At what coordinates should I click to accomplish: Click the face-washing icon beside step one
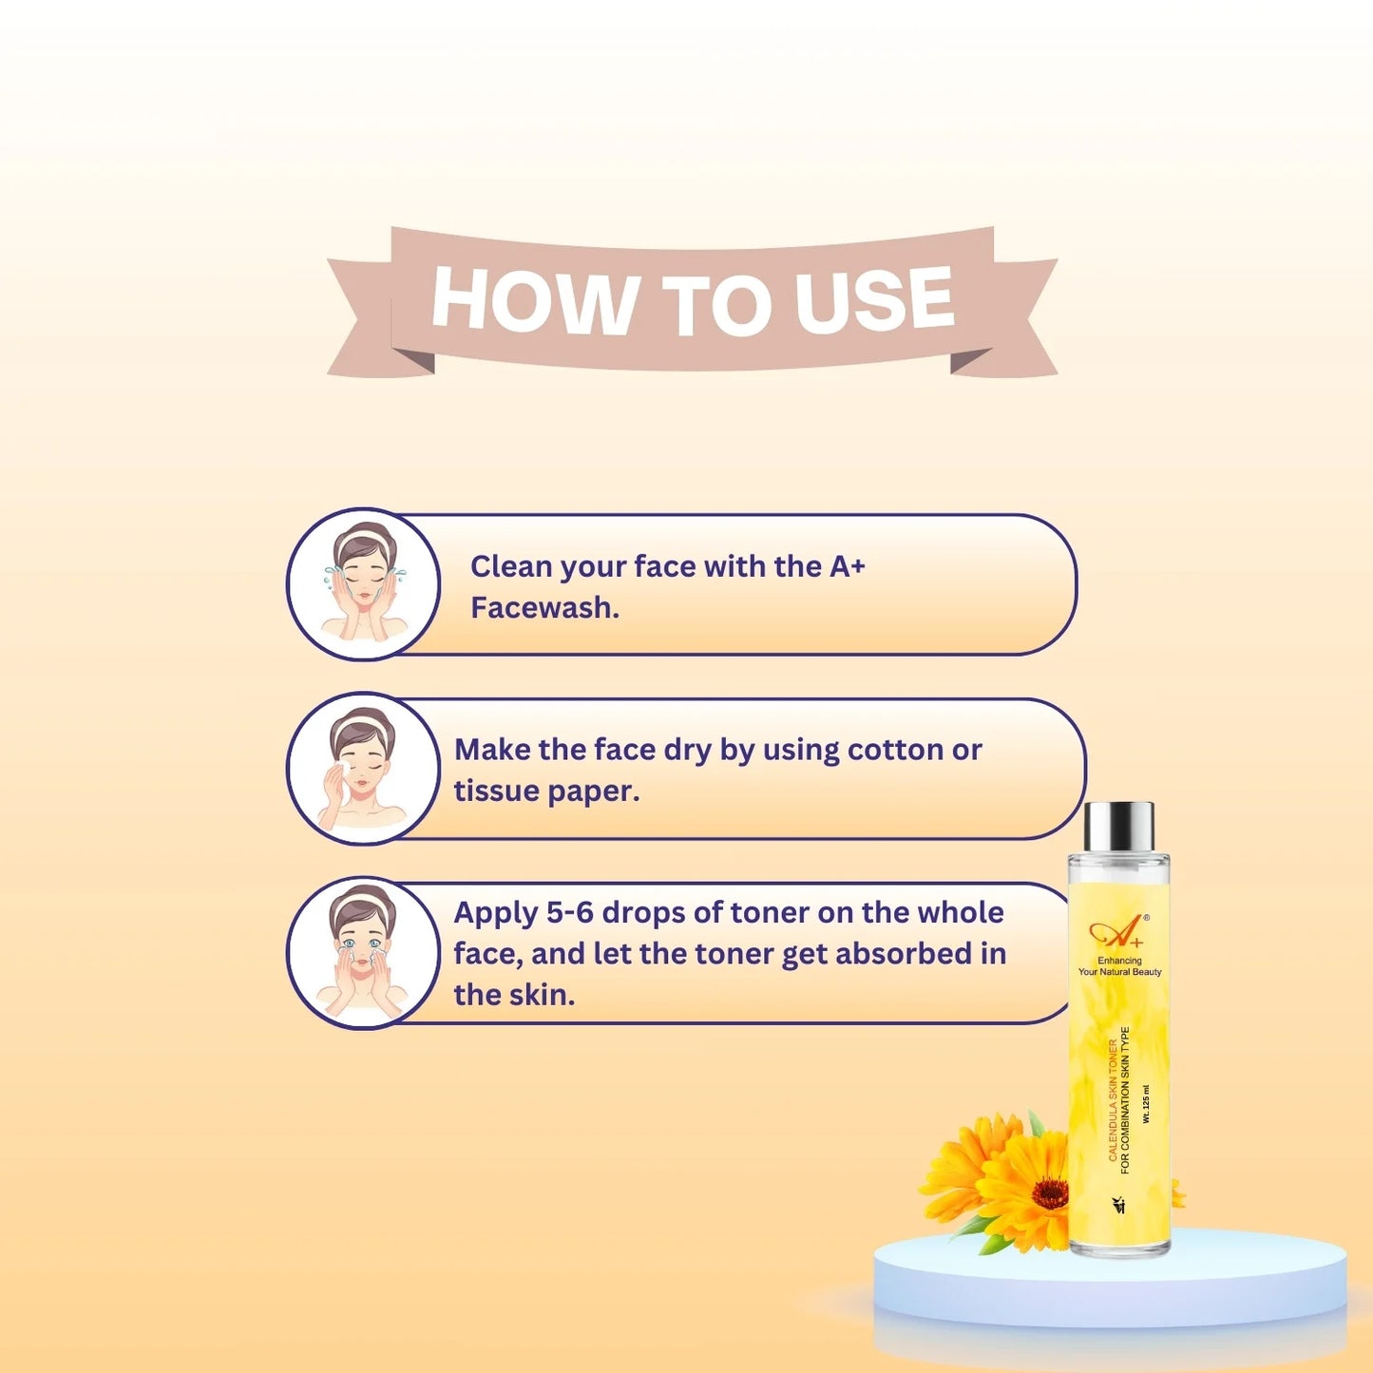click(363, 583)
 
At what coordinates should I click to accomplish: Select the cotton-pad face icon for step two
click(363, 768)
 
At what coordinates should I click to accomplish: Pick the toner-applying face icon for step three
click(363, 952)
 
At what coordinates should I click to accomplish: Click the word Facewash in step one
click(543, 608)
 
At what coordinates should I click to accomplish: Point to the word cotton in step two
click(894, 750)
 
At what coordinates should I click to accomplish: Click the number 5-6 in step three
click(569, 912)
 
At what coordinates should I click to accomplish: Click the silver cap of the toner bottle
click(1119, 827)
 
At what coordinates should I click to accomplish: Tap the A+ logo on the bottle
click(1116, 933)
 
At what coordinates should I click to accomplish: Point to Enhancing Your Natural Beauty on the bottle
click(1119, 966)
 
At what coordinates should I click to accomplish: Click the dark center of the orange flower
click(1049, 1192)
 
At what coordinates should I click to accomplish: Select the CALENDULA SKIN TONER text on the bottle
click(1114, 1100)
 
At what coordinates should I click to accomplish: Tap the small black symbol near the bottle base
click(1118, 1205)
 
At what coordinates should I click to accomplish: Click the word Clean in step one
click(510, 566)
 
